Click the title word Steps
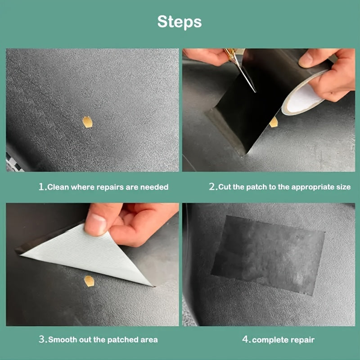pyautogui.click(x=180, y=22)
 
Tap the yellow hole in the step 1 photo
pyautogui.click(x=87, y=121)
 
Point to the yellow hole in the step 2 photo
pyautogui.click(x=273, y=121)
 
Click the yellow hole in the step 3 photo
pyautogui.click(x=90, y=281)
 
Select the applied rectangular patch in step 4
pyautogui.click(x=269, y=254)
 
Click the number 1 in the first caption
pyautogui.click(x=41, y=187)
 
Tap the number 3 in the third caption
pyautogui.click(x=42, y=339)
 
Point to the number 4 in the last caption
pyautogui.click(x=246, y=339)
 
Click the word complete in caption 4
pyautogui.click(x=269, y=340)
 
